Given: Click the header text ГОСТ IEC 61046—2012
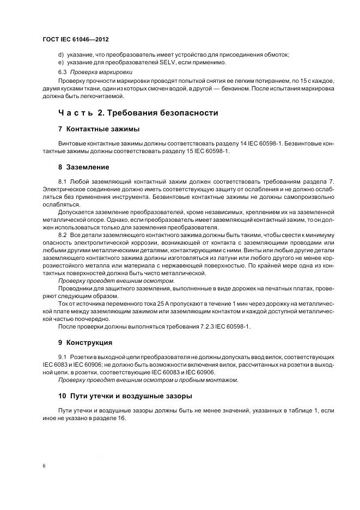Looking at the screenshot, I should (76, 40).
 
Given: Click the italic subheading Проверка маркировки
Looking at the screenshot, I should (101, 72).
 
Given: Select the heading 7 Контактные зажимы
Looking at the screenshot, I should (99, 129).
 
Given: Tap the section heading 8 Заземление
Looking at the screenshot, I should (83, 167).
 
